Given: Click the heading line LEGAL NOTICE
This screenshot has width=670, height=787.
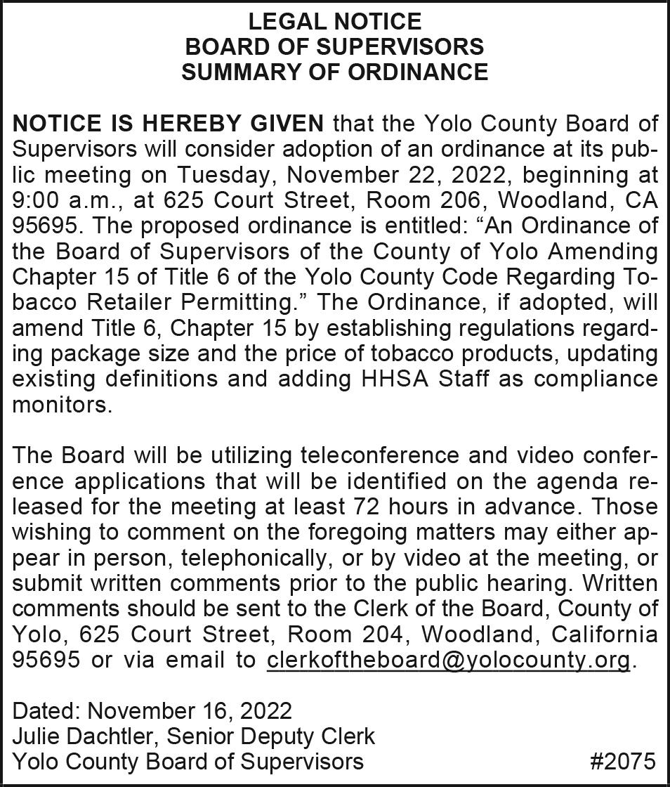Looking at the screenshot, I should (334, 21).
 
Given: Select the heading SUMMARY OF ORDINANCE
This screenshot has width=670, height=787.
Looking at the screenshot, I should (334, 72).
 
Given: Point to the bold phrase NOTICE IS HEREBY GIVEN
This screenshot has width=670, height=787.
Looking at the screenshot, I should (169, 124).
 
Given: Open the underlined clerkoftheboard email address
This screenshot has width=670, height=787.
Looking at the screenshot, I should (448, 661).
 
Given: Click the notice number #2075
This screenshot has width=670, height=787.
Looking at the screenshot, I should (622, 762).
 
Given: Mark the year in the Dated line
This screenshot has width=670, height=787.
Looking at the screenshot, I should (265, 710).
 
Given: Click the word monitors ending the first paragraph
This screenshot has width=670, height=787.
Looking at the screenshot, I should (62, 405).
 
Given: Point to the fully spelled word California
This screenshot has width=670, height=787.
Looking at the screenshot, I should (605, 635).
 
